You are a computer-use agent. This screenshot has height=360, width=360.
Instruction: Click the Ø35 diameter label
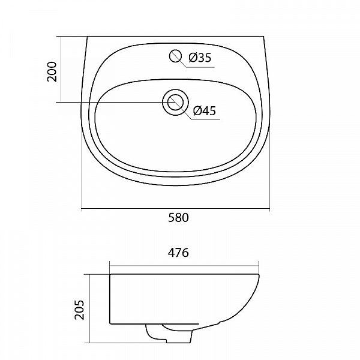tap(200, 58)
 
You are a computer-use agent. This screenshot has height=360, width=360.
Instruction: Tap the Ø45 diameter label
tap(205, 110)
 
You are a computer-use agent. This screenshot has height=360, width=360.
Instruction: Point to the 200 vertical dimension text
tap(52, 71)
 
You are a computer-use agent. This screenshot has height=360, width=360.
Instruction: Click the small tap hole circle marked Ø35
tap(176, 56)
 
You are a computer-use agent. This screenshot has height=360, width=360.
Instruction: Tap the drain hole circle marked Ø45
tap(175, 102)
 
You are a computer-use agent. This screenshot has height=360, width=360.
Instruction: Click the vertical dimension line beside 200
tap(62, 70)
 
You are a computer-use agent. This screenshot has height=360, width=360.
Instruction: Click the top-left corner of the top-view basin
tap(88, 37)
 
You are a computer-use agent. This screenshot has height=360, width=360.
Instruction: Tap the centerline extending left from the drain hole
tap(108, 103)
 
